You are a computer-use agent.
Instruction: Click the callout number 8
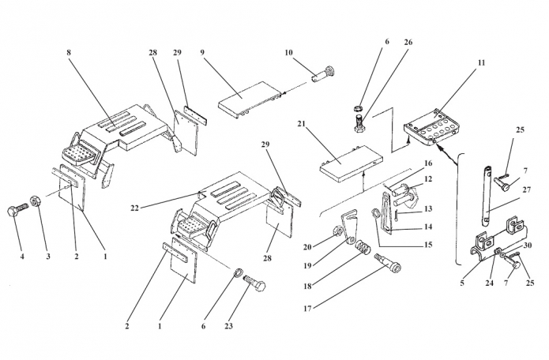point(69,52)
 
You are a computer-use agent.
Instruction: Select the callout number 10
point(288,52)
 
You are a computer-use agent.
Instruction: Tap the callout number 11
point(481,62)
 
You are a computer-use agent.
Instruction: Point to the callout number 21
point(302,123)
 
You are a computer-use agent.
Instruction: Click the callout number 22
point(135,208)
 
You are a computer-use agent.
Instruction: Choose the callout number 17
point(307,309)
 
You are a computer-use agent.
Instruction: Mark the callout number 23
point(228,326)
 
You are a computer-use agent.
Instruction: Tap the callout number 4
point(22,257)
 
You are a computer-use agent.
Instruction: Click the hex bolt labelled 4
point(17,209)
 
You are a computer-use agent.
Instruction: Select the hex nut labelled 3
point(35,201)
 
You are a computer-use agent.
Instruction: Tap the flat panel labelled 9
point(250,99)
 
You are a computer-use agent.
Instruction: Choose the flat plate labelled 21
point(351,164)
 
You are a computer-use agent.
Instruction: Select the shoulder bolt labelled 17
point(388,262)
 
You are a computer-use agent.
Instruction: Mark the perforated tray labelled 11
point(431,127)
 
